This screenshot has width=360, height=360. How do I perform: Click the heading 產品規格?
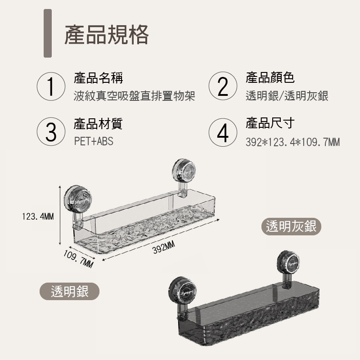pyautogui.click(x=107, y=35)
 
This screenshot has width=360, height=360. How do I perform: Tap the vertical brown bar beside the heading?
pyautogui.click(x=47, y=33)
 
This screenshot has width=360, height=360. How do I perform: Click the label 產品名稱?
pyautogui.click(x=98, y=78)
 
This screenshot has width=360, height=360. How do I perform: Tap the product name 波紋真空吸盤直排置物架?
pyautogui.click(x=134, y=96)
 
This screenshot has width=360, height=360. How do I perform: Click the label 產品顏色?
pyautogui.click(x=270, y=78)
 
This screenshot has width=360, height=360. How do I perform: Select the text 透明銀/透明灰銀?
pyautogui.click(x=287, y=96)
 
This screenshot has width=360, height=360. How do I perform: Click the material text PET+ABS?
pyautogui.click(x=94, y=141)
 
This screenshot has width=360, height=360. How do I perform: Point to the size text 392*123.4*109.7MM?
pyautogui.click(x=292, y=143)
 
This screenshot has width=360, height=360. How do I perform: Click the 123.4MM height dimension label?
pyautogui.click(x=38, y=217)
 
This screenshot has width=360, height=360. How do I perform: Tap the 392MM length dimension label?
pyautogui.click(x=163, y=247)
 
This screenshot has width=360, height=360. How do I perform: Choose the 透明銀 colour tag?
pyautogui.click(x=69, y=291)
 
